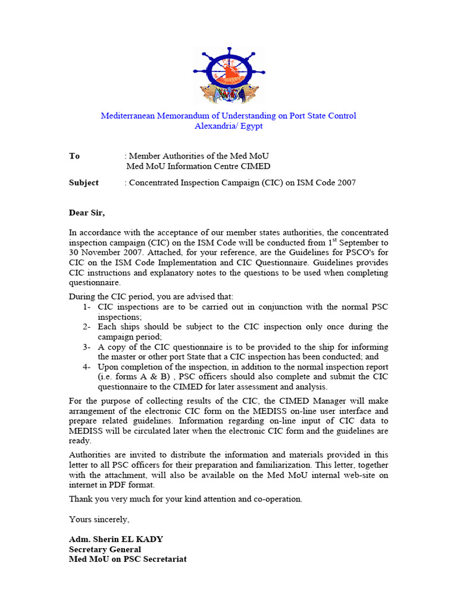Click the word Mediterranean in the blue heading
[130, 116]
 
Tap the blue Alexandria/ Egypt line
[228, 126]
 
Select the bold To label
[74, 156]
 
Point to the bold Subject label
[84, 183]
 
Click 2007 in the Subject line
[346, 183]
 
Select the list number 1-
[87, 307]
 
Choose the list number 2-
[87, 326]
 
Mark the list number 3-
[87, 347]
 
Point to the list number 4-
[87, 367]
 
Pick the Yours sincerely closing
[99, 519]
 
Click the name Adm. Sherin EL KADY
[116, 540]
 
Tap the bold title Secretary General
[105, 549]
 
